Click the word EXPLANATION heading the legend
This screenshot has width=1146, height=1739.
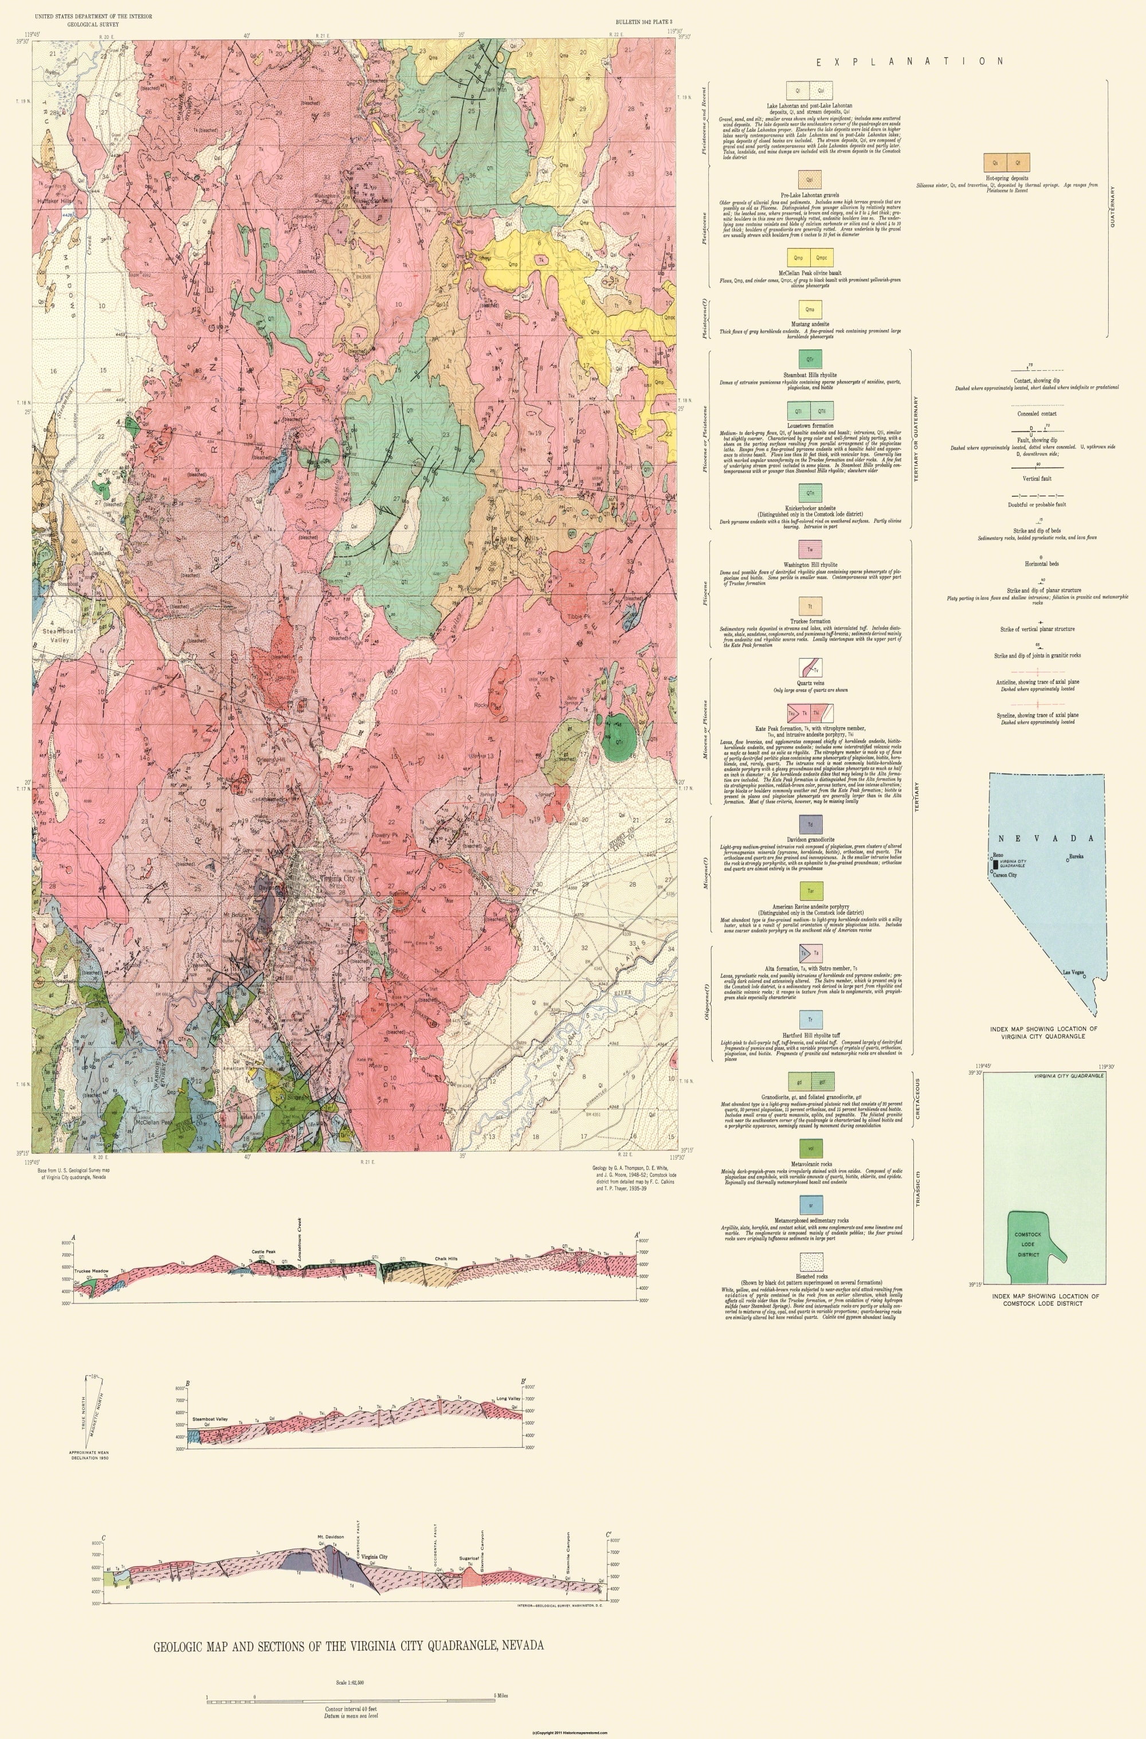tap(910, 62)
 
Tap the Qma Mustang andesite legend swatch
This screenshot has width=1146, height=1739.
tap(810, 310)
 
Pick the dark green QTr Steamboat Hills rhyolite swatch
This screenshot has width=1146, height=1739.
tap(810, 359)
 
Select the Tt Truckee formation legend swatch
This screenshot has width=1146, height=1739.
tap(810, 606)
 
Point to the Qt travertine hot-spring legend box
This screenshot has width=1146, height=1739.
tap(1018, 162)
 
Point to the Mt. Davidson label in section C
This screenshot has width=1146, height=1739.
tap(331, 1537)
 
